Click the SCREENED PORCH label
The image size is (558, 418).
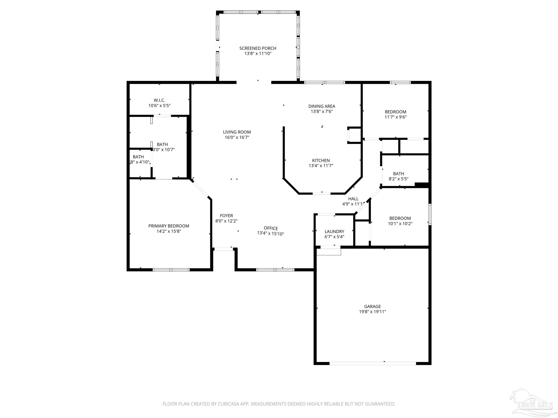pyautogui.click(x=258, y=48)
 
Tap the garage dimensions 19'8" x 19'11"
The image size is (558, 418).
pyautogui.click(x=372, y=312)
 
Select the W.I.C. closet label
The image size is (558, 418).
pyautogui.click(x=159, y=100)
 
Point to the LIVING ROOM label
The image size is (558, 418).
pyautogui.click(x=237, y=132)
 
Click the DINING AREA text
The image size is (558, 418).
pyautogui.click(x=322, y=106)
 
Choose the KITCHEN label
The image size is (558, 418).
pyautogui.click(x=321, y=161)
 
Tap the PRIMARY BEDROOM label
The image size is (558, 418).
pyautogui.click(x=169, y=226)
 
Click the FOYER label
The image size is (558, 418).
pyautogui.click(x=226, y=216)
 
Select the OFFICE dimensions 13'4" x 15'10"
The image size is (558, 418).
pyautogui.click(x=271, y=233)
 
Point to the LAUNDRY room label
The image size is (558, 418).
pyautogui.click(x=334, y=232)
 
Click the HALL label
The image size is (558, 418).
pyautogui.click(x=353, y=199)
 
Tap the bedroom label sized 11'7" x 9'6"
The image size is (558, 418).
pyautogui.click(x=395, y=112)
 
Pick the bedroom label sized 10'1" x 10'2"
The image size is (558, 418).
pyautogui.click(x=400, y=218)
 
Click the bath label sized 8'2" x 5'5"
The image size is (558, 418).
pyautogui.click(x=398, y=174)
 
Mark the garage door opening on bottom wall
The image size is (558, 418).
pyautogui.click(x=372, y=363)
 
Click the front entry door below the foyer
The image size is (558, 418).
pyautogui.click(x=223, y=249)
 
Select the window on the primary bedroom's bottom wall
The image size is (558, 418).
pyautogui.click(x=171, y=270)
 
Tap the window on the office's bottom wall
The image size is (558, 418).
pyautogui.click(x=275, y=270)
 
